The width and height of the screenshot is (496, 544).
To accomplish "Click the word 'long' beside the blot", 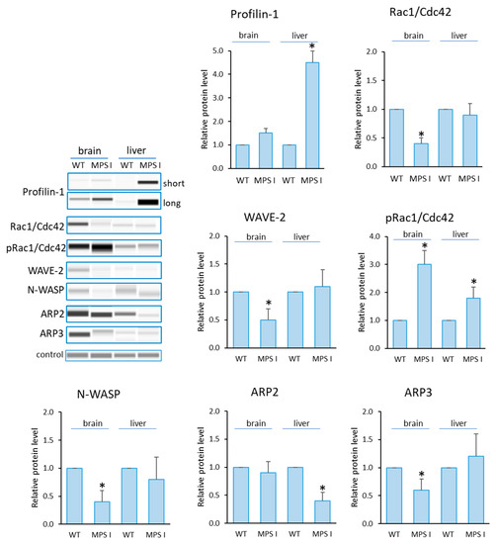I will tap(175, 201).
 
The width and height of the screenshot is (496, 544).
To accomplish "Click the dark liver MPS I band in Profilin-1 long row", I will tap(147, 202).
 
